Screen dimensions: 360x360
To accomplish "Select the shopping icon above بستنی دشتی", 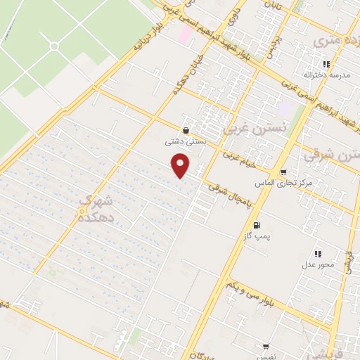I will point(185,130).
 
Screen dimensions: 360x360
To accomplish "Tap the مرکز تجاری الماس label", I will point(295,184).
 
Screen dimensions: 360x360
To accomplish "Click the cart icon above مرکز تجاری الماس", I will point(283,172).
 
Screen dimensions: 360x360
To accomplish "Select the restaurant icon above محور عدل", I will point(318,254).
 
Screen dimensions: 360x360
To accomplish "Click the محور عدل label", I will point(316,265).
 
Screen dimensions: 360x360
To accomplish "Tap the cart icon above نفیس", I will point(266,347).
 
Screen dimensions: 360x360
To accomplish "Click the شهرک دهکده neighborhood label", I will point(96,210).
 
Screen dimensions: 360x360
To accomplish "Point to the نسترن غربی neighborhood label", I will point(255,129).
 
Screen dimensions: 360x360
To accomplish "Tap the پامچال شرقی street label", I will point(229,196).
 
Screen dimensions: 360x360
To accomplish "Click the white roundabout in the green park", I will point(54,46).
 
